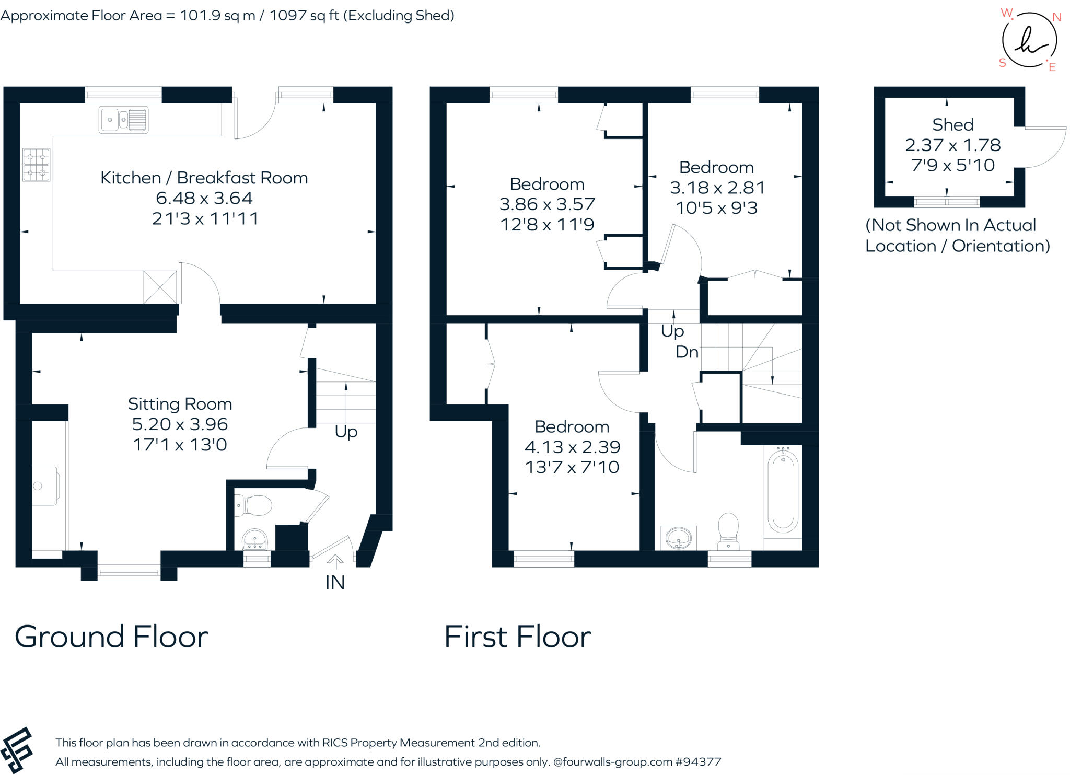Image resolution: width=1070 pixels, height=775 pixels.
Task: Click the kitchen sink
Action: coord(124,120)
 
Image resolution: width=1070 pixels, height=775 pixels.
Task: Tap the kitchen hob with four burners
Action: coord(37,165)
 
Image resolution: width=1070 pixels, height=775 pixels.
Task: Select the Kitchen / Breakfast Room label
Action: coord(204,178)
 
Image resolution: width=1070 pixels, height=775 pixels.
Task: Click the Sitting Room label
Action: coord(180,404)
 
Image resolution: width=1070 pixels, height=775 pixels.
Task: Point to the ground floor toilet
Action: coord(253,505)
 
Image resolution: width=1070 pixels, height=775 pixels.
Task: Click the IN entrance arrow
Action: coord(335,563)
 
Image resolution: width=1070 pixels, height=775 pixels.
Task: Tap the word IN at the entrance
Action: coord(335,583)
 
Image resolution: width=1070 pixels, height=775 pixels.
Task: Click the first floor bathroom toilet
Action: coord(728,531)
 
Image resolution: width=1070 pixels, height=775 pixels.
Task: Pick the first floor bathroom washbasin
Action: coord(679,538)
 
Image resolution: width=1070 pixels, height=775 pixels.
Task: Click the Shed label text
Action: coord(953,125)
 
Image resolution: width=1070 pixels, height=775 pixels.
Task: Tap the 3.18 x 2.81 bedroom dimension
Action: coord(717,188)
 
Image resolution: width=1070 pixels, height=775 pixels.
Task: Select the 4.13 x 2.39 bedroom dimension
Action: coord(572,447)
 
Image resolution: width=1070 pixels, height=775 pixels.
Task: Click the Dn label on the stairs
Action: coord(687,352)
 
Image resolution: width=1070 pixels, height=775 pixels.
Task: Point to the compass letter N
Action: coord(1056,17)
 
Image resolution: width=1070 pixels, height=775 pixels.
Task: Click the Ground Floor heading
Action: coord(111,637)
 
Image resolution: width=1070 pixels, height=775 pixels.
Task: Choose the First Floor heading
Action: coord(517,637)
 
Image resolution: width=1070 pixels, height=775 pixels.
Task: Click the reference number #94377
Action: coord(698,762)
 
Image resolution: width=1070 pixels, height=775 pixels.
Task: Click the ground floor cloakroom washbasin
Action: coord(255,539)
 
